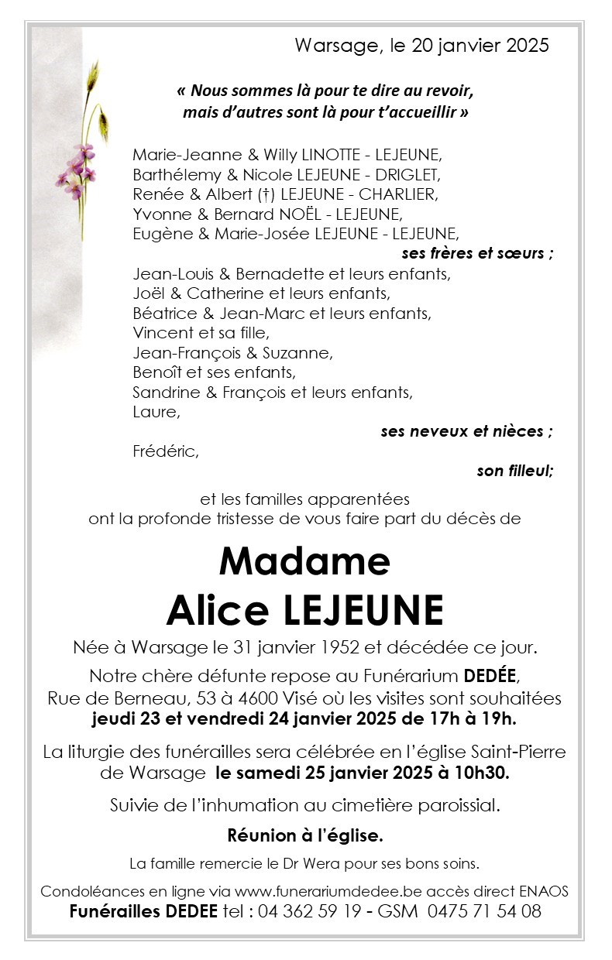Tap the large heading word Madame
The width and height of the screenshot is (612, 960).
(304, 561)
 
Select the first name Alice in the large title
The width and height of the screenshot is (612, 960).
(215, 611)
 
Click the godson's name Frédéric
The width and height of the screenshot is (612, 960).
(166, 452)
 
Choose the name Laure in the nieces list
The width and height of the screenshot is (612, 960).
(156, 412)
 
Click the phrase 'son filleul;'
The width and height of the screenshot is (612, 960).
(515, 471)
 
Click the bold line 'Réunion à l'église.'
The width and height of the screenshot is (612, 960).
(305, 835)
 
